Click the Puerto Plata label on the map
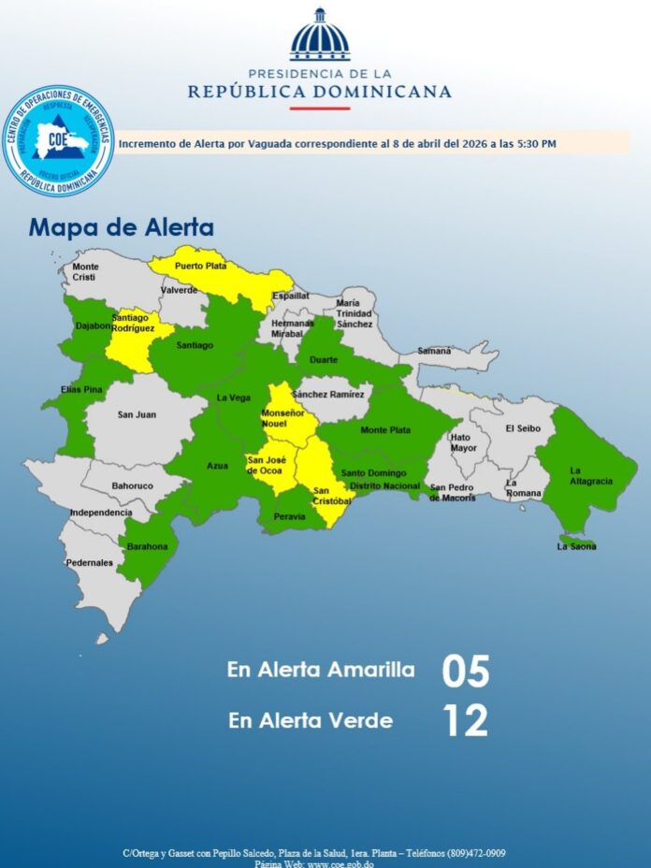(201, 267)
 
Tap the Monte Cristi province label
(86, 272)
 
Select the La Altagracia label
(591, 476)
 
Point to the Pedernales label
(90, 563)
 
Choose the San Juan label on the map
(137, 414)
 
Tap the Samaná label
(434, 351)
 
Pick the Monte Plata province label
(386, 430)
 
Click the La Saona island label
(577, 546)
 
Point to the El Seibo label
(523, 428)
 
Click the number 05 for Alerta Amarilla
(466, 672)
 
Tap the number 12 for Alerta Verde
(465, 721)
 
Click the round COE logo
(58, 140)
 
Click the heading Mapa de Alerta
(122, 227)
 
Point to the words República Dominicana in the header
(320, 92)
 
